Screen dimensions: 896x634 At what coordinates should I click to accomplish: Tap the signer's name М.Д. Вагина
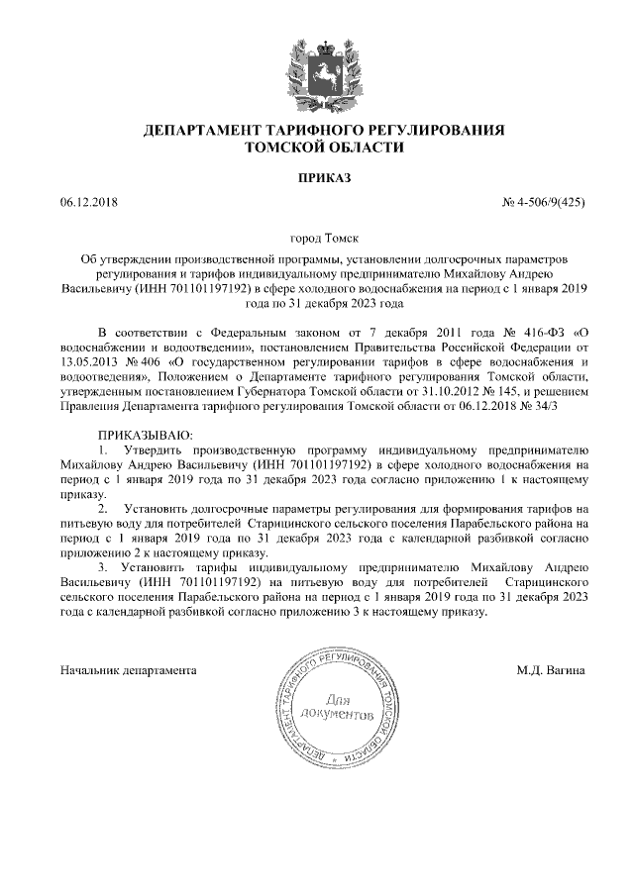[x=550, y=670]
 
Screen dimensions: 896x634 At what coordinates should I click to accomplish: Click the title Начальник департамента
[x=128, y=670]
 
